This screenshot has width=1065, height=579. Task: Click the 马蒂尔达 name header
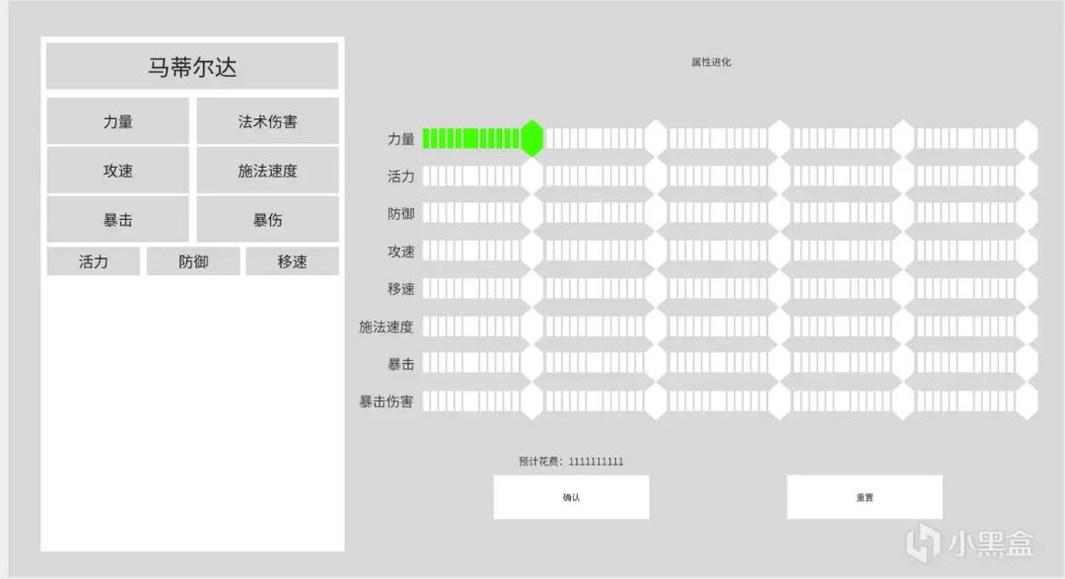(x=192, y=67)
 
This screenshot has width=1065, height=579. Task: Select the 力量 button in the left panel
(x=117, y=121)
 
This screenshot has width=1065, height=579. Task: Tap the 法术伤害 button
(x=267, y=121)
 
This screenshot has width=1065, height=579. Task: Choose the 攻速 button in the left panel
(x=117, y=171)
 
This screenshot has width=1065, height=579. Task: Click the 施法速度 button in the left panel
(x=267, y=171)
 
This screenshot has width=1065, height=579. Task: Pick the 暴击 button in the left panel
(x=117, y=219)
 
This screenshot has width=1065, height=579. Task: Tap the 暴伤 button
(x=267, y=219)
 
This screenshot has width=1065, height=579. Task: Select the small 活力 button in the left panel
(x=94, y=261)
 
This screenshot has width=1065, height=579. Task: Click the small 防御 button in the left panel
(x=193, y=261)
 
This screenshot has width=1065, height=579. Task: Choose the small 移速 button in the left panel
(x=292, y=261)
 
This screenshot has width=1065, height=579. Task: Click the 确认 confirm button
(x=571, y=497)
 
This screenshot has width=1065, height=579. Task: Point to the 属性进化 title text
(x=711, y=62)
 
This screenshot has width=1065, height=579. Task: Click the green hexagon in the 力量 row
(x=532, y=139)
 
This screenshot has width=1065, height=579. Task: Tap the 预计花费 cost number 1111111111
(x=596, y=462)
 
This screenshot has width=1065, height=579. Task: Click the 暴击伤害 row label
(x=387, y=401)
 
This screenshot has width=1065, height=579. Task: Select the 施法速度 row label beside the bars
(x=387, y=326)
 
